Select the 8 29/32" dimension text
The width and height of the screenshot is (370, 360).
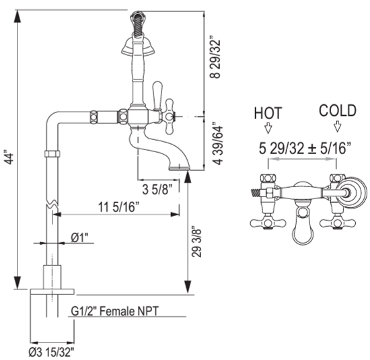[x=213, y=56]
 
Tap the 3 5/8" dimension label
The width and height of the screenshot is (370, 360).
[x=160, y=188]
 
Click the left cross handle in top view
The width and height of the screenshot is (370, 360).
[x=265, y=222]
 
